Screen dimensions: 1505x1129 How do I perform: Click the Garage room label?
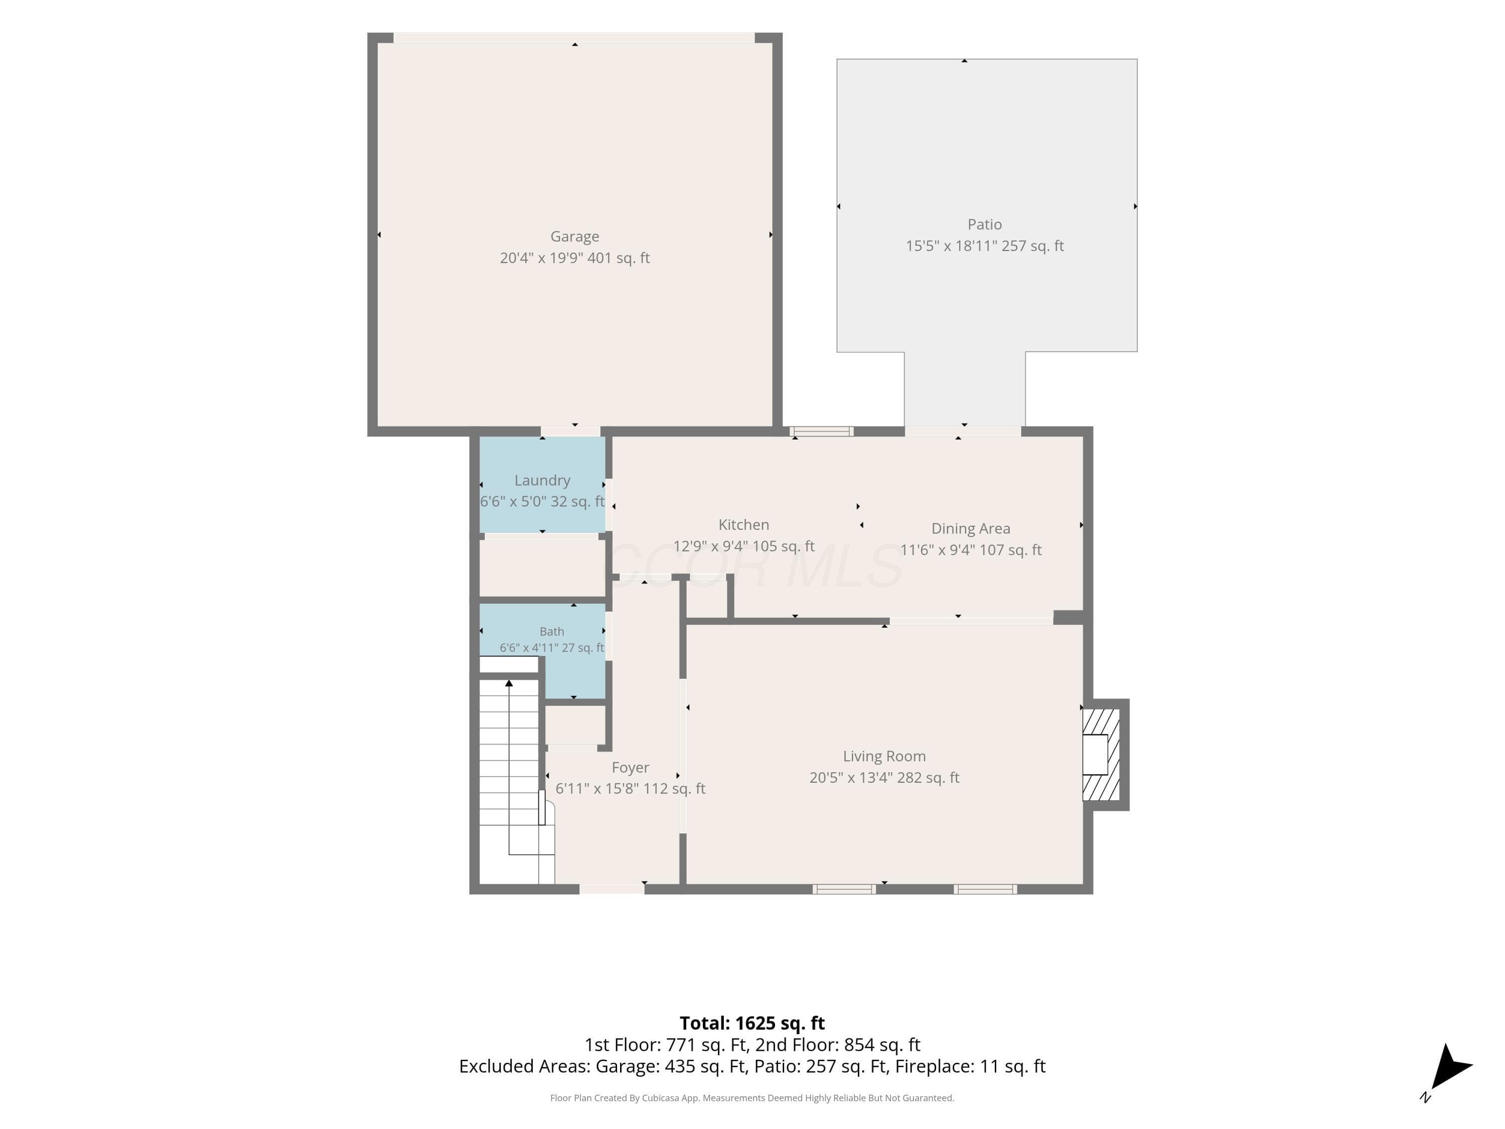coord(574,236)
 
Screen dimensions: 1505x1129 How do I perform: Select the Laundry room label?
coord(542,481)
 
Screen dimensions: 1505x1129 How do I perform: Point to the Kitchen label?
coord(743,525)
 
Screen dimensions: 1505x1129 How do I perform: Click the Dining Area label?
coord(970,529)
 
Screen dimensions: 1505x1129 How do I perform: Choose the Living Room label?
coord(884,756)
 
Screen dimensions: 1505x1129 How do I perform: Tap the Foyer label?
coord(630,768)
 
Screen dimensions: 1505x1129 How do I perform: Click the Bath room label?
coord(552,632)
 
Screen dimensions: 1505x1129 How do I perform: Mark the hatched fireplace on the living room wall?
coord(1101,754)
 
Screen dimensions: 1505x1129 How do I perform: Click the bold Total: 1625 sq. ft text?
coord(752,1023)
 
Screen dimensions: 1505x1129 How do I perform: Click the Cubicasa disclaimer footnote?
coord(752,1098)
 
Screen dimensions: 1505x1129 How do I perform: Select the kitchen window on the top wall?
coord(821,431)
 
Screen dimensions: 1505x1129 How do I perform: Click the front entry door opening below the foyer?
coord(612,889)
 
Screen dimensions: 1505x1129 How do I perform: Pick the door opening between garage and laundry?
coord(570,431)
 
